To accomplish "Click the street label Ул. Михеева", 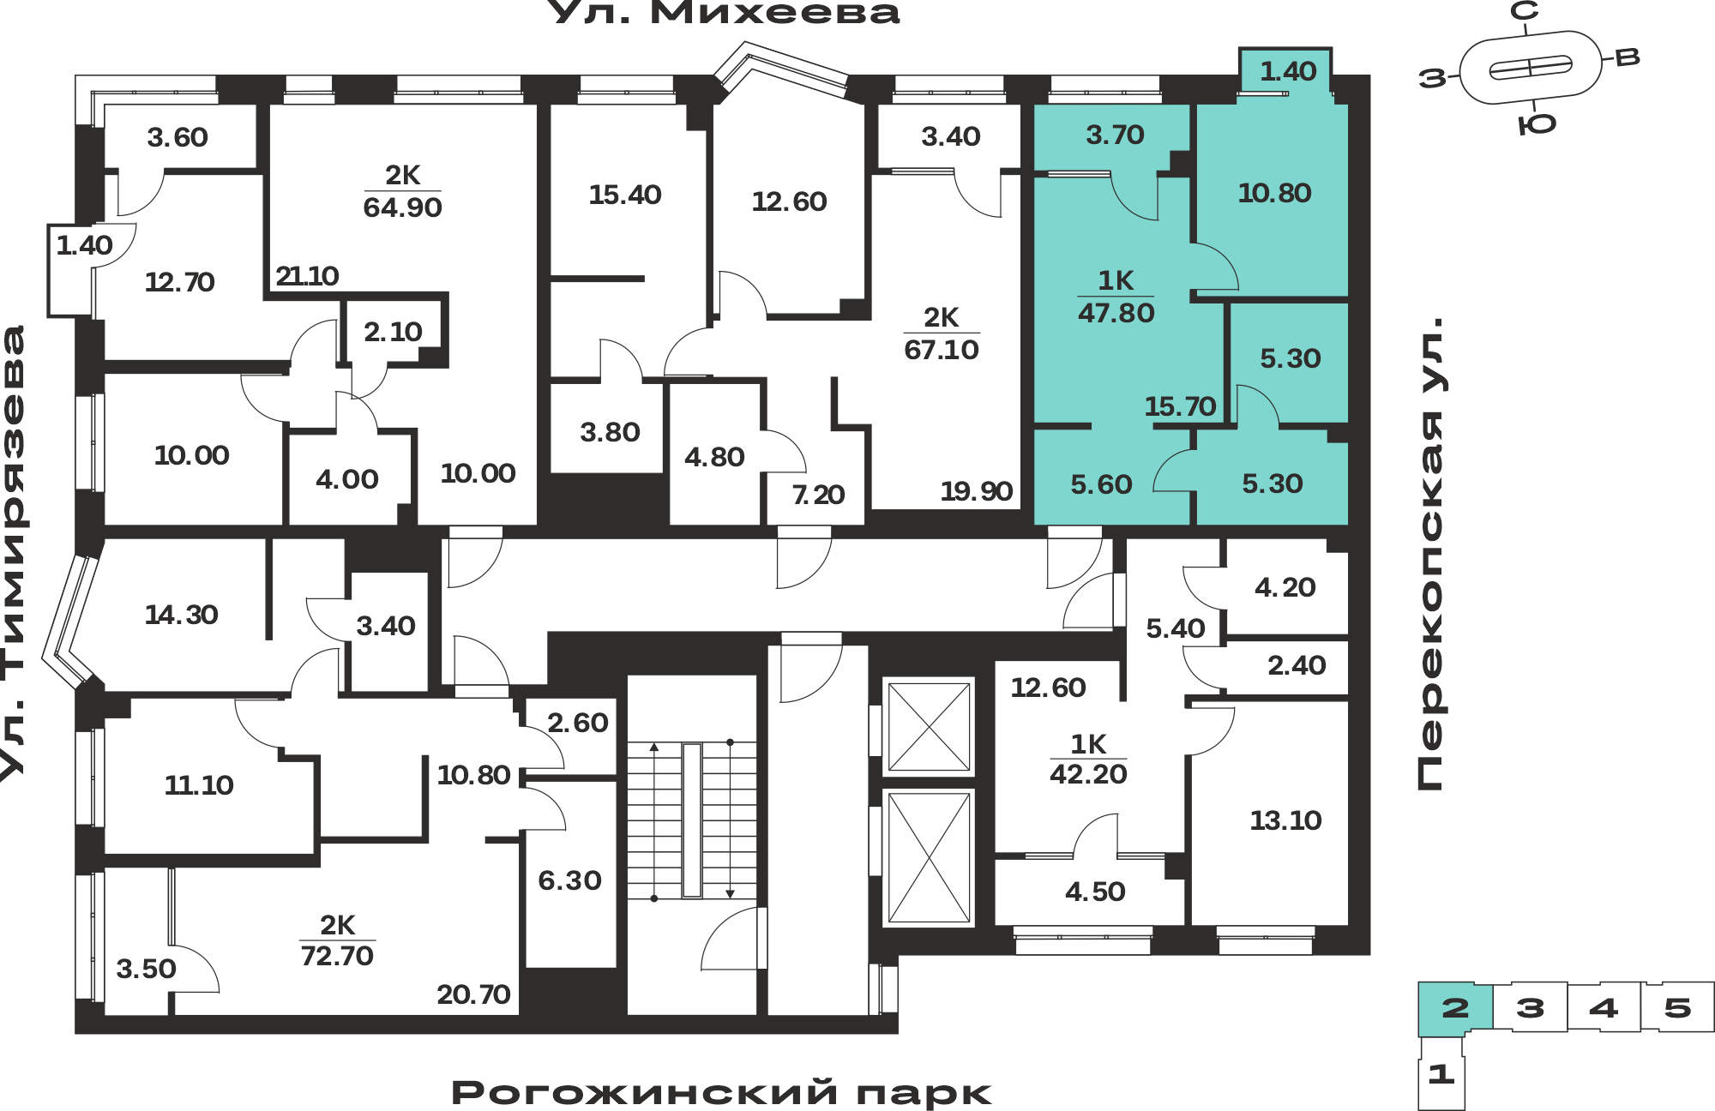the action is click(723, 13).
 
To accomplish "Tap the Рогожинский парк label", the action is click(721, 1093).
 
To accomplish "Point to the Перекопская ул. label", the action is click(1429, 554).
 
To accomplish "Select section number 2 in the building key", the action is click(1455, 1007).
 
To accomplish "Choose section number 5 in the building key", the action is click(1677, 1007).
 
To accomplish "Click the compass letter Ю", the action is click(1537, 125).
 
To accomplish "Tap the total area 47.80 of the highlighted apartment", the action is click(1116, 313).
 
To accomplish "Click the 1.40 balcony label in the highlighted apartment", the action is click(1288, 71).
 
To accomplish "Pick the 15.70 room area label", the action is click(1180, 405).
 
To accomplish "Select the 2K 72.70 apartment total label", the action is click(337, 940).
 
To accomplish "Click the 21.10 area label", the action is click(307, 276).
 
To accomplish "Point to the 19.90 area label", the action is click(976, 491).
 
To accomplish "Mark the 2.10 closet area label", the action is click(393, 332).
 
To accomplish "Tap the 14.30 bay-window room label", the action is click(181, 615).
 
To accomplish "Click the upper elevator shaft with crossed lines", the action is click(929, 727).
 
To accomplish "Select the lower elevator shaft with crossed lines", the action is click(929, 858).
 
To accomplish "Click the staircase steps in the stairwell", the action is click(692, 820).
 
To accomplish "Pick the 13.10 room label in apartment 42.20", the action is click(1285, 820).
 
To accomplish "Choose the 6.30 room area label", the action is click(569, 880).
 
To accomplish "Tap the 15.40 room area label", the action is click(624, 195).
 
